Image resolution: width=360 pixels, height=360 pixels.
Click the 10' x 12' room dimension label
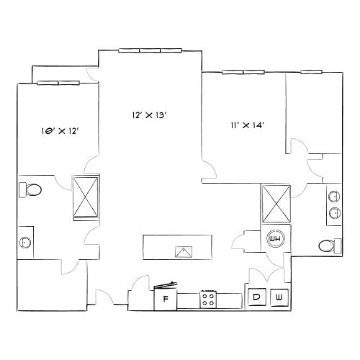pos(59,131)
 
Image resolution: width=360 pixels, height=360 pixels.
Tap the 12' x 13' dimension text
pos(150,114)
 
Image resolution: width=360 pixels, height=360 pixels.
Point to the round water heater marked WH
pos(275,238)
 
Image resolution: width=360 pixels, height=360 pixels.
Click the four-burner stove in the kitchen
pos(209,298)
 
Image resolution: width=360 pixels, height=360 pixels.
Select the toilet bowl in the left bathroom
pos(35,190)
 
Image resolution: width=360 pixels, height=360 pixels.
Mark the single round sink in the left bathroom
pos(26,242)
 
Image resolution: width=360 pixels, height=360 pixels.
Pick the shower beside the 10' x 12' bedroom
pos(86,197)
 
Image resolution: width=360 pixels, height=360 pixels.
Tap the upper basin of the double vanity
pos(335,195)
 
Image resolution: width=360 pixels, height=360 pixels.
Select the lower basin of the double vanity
pos(335,212)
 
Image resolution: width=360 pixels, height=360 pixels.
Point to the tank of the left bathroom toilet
pos(22,190)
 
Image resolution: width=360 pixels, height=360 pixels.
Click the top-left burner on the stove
pos(205,294)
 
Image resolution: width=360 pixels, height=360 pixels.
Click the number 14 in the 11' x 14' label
pos(258,125)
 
